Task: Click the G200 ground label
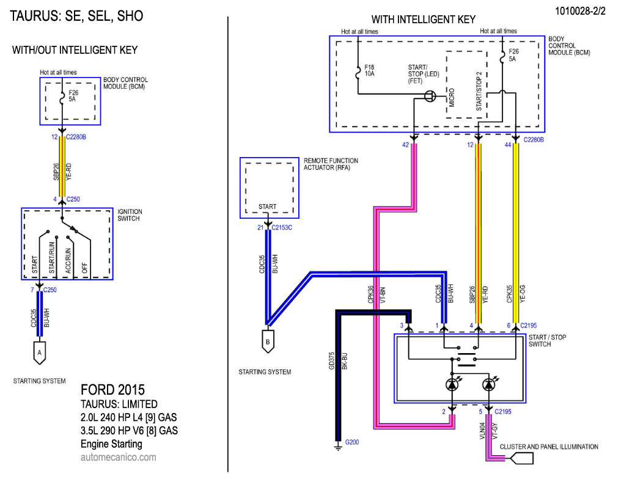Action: point(352,442)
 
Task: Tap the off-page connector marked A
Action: point(40,352)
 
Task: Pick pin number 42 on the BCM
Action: point(405,145)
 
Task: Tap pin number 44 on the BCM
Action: point(509,145)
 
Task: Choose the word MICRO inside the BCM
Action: point(451,98)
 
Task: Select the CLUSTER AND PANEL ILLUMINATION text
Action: point(549,447)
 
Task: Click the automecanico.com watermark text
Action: point(118,457)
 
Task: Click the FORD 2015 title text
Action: point(113,390)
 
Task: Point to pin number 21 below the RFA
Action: point(260,227)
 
